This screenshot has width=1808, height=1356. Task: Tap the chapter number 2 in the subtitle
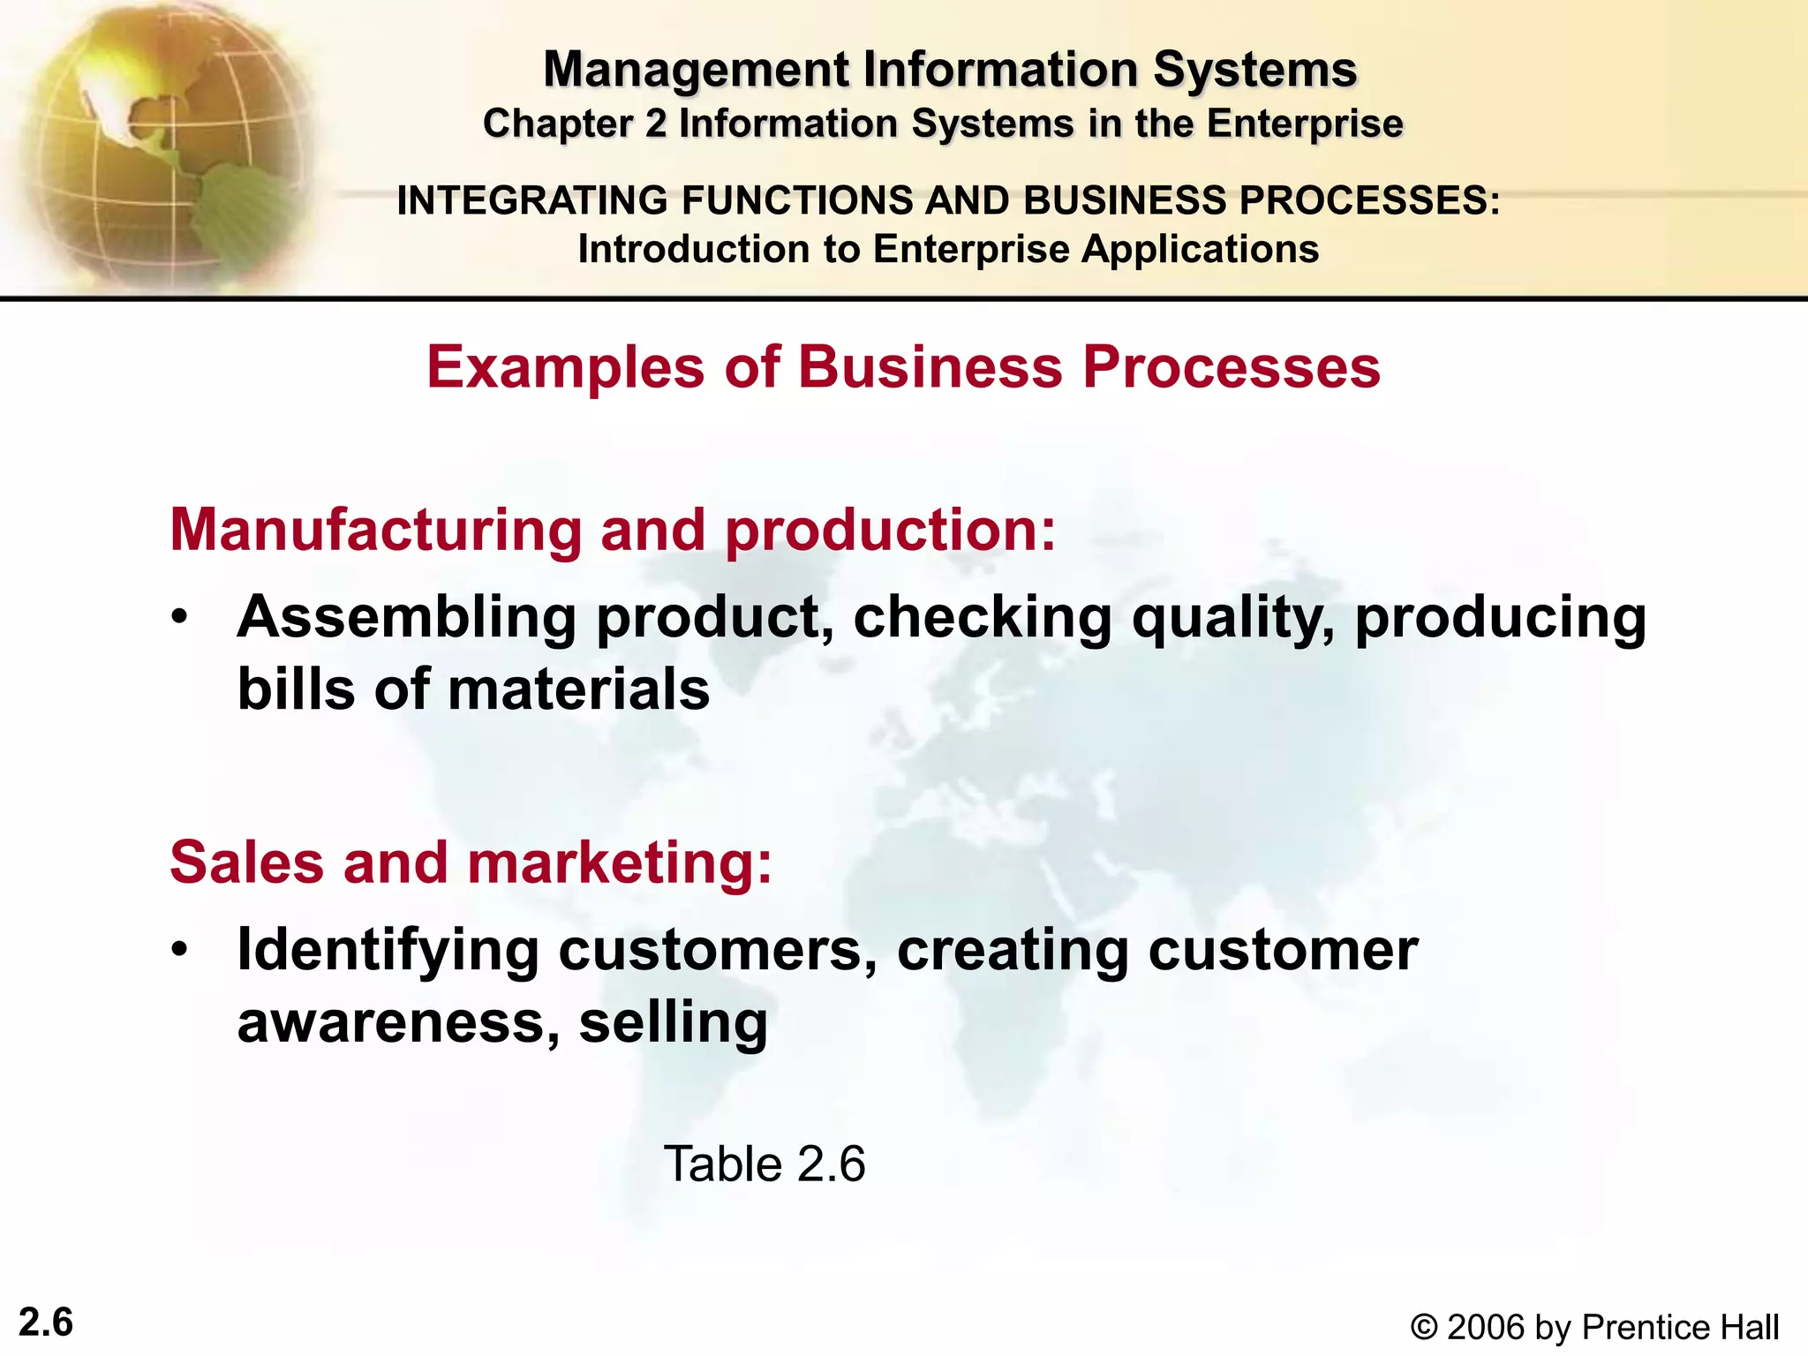(655, 124)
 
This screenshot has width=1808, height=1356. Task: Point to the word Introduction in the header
(694, 249)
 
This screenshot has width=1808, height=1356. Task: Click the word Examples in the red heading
(566, 366)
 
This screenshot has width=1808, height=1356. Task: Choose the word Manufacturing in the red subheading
(376, 530)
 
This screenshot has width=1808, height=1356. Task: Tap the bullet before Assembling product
(180, 618)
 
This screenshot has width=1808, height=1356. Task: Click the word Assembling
(407, 617)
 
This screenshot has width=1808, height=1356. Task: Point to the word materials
(579, 689)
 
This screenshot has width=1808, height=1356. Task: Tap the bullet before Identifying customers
(180, 951)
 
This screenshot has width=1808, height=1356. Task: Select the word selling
(673, 1022)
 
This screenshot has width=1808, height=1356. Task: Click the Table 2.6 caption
(765, 1164)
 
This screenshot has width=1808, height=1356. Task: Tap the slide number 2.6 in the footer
(46, 1322)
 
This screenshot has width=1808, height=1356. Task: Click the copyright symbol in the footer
(1423, 1328)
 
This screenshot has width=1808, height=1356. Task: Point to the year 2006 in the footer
(1487, 1328)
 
